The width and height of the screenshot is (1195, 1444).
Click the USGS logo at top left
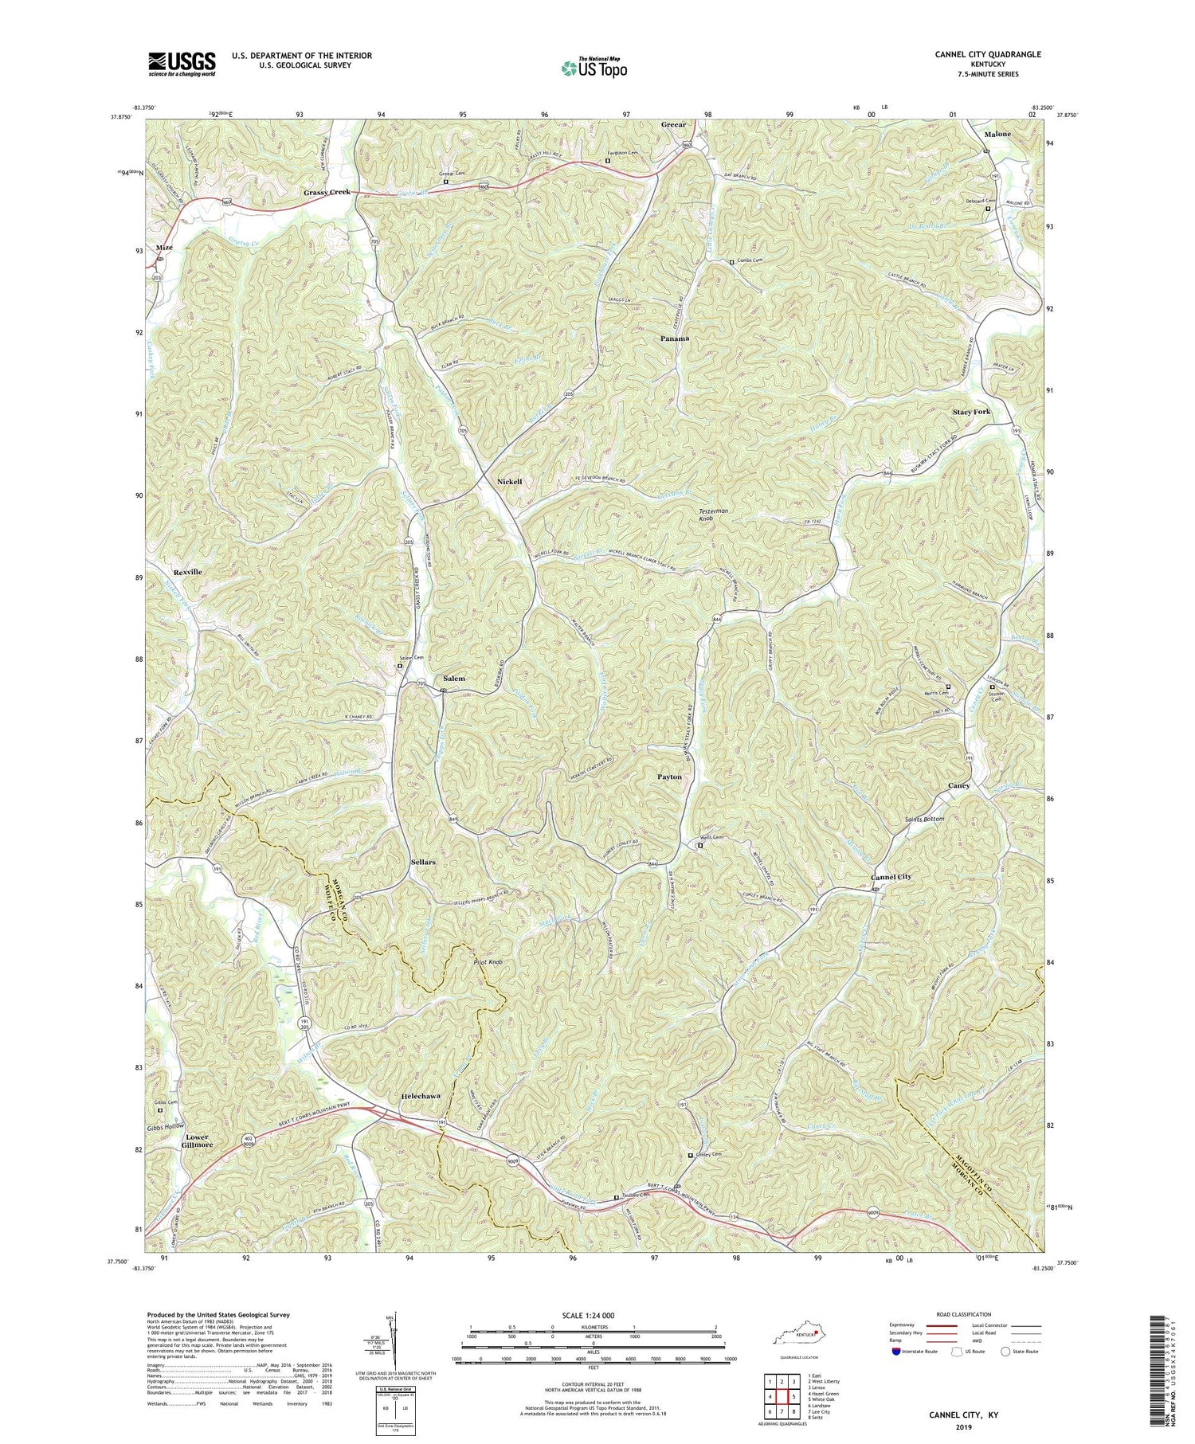tap(182, 64)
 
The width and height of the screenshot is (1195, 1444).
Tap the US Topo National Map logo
tap(594, 68)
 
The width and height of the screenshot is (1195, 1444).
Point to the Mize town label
tap(164, 248)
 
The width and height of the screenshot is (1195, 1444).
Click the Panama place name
tap(675, 338)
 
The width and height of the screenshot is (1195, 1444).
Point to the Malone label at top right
tap(997, 135)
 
